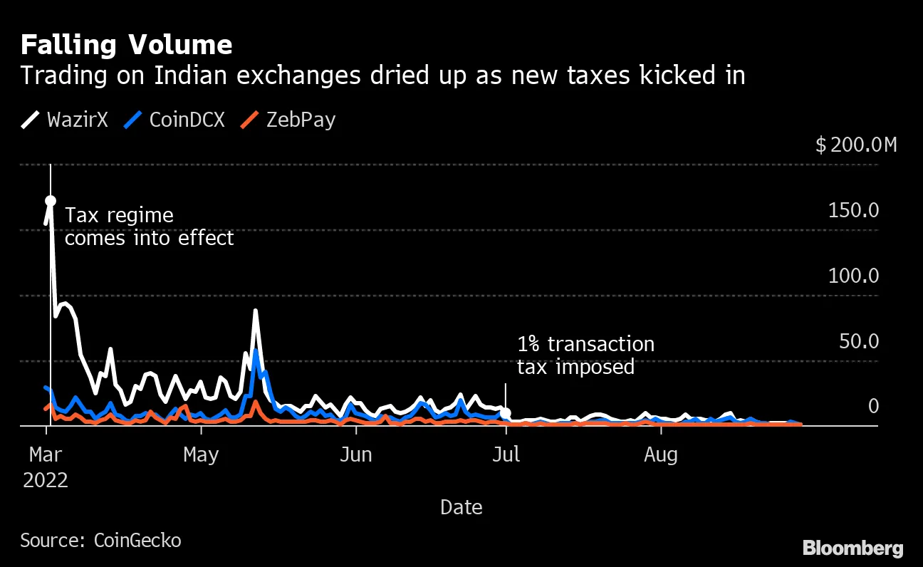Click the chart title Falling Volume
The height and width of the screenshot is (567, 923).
tap(126, 46)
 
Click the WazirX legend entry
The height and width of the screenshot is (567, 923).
tap(65, 120)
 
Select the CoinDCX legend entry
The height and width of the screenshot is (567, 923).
tap(174, 120)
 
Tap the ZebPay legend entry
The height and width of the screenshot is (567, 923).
tap(288, 120)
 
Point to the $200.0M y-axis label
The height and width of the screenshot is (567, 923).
tap(856, 145)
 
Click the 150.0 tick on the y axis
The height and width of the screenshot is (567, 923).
tap(853, 211)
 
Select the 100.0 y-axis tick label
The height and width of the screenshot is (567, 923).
tap(853, 276)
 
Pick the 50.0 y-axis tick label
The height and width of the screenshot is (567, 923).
tap(857, 341)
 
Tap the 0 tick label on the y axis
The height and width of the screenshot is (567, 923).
tap(872, 406)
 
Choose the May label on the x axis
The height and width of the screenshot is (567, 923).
tap(201, 454)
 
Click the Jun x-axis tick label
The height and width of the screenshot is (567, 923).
tap(355, 454)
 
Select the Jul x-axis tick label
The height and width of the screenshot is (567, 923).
tap(506, 454)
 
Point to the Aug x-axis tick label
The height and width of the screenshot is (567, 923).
tap(661, 454)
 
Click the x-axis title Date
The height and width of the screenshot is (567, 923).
tap(461, 507)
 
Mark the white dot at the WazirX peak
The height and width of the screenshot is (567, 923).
tap(51, 201)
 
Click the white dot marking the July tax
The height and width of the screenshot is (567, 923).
tap(506, 413)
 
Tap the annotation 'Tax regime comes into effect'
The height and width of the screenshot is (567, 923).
tap(149, 227)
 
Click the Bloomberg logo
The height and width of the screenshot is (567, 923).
tap(853, 548)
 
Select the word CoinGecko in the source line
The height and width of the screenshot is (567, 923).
tap(137, 541)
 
